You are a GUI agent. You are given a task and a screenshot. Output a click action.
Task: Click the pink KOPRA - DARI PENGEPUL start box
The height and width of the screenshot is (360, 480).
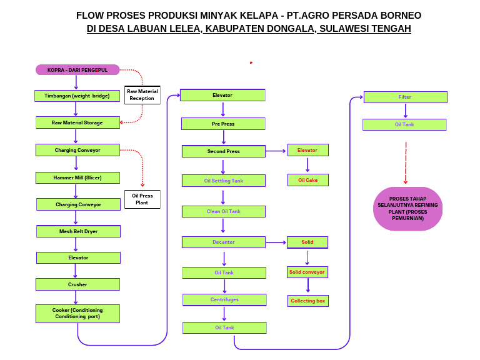tap(77, 70)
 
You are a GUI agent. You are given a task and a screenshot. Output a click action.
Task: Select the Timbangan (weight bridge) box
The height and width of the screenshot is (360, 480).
tap(77, 96)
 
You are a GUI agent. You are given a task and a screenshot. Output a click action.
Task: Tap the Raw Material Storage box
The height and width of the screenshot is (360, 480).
tap(77, 122)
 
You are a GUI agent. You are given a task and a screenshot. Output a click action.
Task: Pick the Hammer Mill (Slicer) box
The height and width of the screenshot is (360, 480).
tap(77, 177)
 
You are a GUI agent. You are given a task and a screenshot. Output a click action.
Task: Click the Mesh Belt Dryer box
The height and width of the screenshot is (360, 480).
tap(79, 231)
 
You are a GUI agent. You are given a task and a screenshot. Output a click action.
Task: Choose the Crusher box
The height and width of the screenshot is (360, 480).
tap(77, 284)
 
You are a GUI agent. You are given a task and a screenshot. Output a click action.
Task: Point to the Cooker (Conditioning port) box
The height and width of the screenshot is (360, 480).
tap(77, 313)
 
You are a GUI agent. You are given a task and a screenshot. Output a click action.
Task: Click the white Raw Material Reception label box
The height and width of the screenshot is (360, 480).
tap(142, 95)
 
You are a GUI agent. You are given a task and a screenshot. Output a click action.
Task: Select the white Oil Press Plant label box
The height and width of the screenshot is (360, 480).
tap(142, 199)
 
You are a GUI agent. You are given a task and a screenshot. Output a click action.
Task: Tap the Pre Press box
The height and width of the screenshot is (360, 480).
tap(223, 124)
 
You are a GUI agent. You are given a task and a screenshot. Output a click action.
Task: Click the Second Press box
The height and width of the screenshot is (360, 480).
tap(223, 151)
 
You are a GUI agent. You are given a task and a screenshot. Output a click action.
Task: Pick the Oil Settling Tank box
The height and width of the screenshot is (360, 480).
tap(223, 181)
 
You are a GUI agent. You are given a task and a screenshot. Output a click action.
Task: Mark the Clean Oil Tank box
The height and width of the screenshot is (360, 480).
tap(223, 211)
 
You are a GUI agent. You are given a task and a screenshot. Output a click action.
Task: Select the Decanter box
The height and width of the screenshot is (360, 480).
tap(223, 242)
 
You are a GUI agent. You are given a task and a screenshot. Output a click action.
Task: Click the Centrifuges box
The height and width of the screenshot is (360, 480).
tap(224, 299)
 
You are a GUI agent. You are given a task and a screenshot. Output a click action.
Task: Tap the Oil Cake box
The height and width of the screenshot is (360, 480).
tap(307, 180)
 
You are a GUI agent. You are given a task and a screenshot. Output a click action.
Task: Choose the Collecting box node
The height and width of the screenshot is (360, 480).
tap(307, 301)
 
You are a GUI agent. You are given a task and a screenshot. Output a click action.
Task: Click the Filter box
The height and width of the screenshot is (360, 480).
tap(405, 97)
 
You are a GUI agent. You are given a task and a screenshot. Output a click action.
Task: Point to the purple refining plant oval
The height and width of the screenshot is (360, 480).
tap(407, 209)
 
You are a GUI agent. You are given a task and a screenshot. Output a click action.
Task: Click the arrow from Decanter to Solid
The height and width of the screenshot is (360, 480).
tap(276, 242)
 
